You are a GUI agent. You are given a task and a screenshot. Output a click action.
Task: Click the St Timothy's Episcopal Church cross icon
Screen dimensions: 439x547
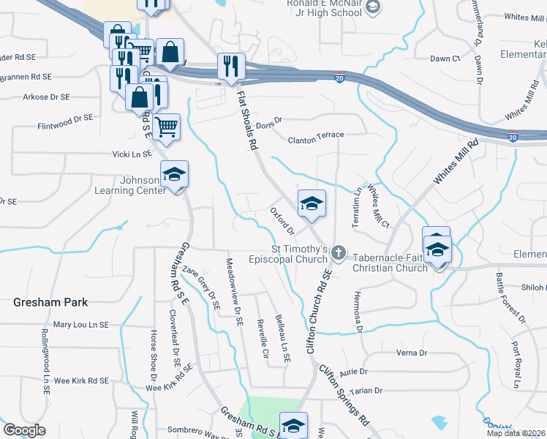tap(338, 253)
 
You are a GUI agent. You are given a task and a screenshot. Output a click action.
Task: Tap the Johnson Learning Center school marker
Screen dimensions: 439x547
tap(175, 176)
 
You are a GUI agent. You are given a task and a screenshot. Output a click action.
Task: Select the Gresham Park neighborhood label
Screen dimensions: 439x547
tap(50, 302)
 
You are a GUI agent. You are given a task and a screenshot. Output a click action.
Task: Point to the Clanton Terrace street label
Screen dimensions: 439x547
tap(315, 137)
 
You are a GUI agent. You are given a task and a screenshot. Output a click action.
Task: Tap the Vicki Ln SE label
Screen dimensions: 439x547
tap(132, 154)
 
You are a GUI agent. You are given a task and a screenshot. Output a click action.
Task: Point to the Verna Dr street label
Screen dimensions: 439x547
tap(411, 353)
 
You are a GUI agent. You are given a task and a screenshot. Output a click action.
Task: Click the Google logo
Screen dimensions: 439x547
tap(24, 430)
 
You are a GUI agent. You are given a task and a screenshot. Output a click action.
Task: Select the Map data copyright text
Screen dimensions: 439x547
tap(516, 433)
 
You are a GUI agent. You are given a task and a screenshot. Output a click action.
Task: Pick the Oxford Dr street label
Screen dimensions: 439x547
tap(282, 221)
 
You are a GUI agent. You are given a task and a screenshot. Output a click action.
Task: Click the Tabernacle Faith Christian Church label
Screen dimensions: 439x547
tap(390, 263)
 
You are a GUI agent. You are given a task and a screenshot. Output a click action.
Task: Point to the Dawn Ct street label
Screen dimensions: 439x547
tap(445, 59)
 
